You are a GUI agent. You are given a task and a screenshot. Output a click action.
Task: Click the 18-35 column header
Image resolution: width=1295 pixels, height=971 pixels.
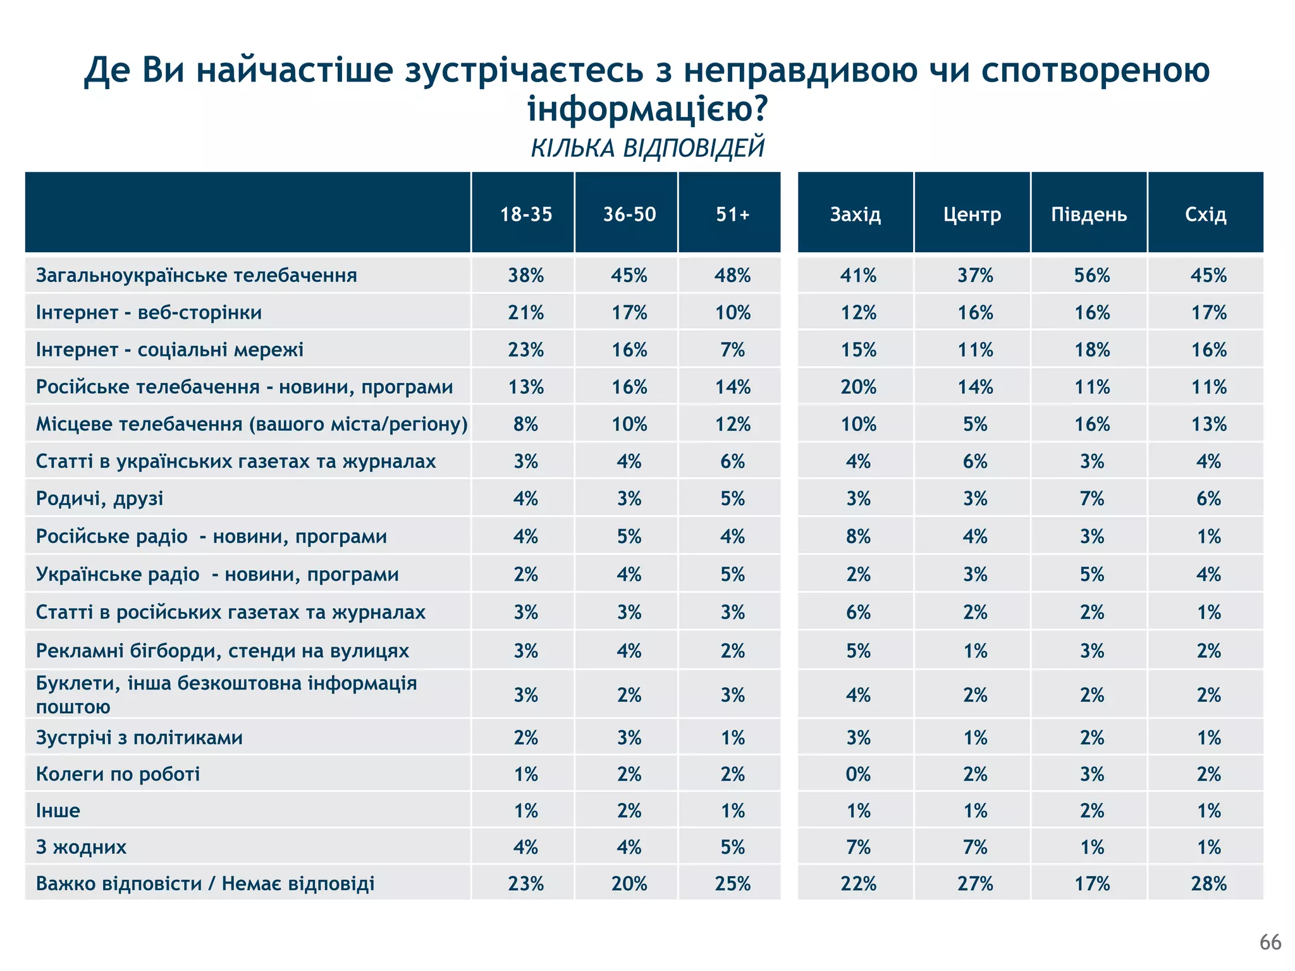pyautogui.click(x=525, y=214)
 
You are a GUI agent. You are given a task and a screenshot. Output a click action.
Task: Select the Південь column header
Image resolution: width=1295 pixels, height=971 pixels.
pyautogui.click(x=1089, y=214)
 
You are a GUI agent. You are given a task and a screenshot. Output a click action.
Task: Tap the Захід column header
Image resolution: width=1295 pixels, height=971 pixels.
pyautogui.click(x=855, y=214)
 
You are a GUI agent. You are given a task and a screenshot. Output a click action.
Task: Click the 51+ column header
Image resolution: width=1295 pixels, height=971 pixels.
pyautogui.click(x=732, y=214)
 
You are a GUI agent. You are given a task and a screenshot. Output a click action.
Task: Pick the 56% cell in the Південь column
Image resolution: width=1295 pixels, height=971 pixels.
pyautogui.click(x=1091, y=275)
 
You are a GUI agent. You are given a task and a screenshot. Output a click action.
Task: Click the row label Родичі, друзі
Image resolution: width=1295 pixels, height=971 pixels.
pyautogui.click(x=99, y=498)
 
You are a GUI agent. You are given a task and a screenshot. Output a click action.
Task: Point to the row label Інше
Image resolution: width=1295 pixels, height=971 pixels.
pyautogui.click(x=58, y=810)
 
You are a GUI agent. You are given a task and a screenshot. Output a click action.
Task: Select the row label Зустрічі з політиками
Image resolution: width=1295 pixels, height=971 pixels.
pyautogui.click(x=139, y=737)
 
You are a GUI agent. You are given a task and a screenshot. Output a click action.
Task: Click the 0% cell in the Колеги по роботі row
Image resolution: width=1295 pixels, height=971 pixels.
pyautogui.click(x=858, y=774)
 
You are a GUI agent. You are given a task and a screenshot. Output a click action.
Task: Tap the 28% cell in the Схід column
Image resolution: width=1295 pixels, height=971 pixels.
pyautogui.click(x=1208, y=883)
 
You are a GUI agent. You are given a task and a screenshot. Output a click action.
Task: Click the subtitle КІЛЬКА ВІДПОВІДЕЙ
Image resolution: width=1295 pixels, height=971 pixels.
pyautogui.click(x=647, y=148)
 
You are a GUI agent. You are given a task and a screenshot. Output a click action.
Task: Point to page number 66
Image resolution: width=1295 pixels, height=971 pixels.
pyautogui.click(x=1270, y=942)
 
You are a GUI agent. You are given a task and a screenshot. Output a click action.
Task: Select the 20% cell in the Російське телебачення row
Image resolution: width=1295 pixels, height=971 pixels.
pyautogui.click(x=858, y=386)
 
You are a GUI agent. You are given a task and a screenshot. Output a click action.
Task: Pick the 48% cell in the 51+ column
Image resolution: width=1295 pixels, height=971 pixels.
pyautogui.click(x=732, y=275)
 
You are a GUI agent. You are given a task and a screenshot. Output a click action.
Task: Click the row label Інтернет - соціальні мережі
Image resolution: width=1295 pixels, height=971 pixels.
pyautogui.click(x=169, y=349)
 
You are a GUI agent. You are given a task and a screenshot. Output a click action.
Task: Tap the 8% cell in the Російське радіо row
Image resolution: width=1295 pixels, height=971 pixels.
pyautogui.click(x=858, y=536)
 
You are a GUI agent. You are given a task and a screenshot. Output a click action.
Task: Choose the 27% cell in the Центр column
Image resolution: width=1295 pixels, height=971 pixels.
pyautogui.click(x=974, y=883)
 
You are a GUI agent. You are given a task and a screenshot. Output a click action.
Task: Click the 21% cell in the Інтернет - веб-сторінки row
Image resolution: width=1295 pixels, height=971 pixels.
pyautogui.click(x=525, y=312)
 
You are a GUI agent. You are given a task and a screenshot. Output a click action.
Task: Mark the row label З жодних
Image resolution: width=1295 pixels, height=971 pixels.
pyautogui.click(x=81, y=846)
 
